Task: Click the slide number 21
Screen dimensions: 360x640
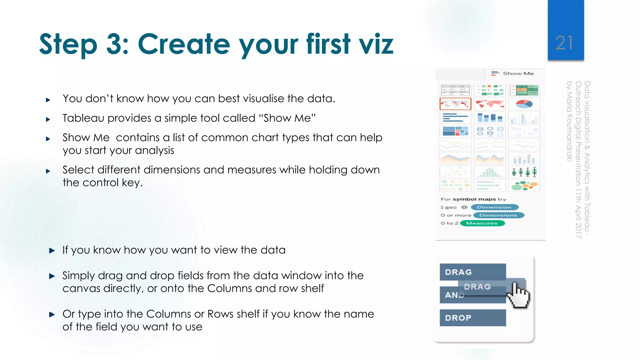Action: [564, 43]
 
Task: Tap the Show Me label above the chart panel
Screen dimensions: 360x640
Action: [518, 73]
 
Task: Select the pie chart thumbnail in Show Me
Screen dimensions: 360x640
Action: [524, 104]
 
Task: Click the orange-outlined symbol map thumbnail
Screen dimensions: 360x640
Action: [455, 104]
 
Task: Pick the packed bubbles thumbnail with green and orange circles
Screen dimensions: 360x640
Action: [524, 186]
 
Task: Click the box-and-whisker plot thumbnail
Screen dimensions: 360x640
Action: [524, 172]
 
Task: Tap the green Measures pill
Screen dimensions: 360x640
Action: [482, 223]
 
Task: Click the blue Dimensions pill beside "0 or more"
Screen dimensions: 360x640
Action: [498, 215]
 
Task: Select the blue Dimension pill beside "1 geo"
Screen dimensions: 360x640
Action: [494, 207]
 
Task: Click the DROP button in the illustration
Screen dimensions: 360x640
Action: [472, 318]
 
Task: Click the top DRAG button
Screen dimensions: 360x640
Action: [472, 272]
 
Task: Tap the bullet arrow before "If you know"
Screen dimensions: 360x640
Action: [52, 250]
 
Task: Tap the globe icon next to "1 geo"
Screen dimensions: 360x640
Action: [464, 207]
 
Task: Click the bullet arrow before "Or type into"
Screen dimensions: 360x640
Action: [52, 314]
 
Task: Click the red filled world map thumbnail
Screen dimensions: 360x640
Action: [490, 104]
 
